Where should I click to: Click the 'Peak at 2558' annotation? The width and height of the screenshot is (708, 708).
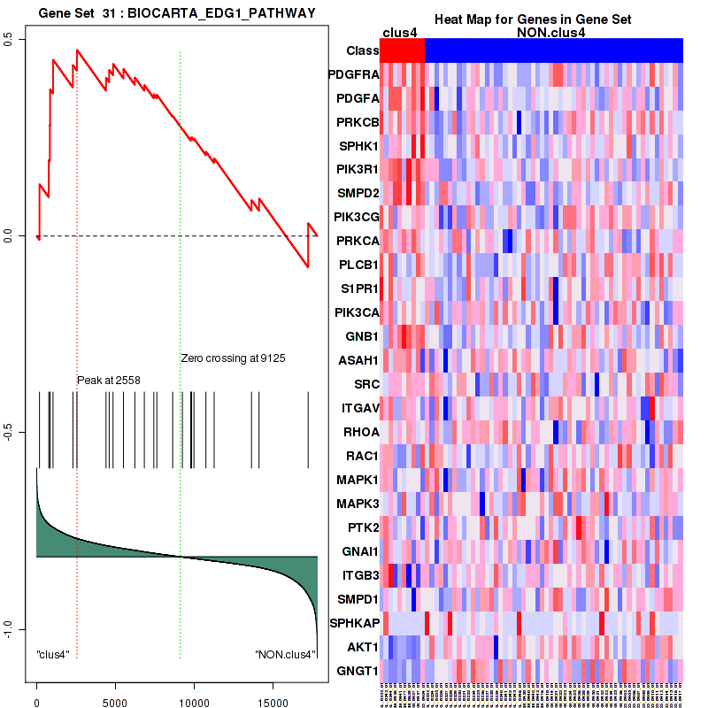point(109,380)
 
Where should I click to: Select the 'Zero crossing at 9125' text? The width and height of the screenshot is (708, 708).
point(233,358)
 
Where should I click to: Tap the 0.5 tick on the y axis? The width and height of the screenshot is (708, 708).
point(7,40)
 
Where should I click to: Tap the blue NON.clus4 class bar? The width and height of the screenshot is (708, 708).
point(553,50)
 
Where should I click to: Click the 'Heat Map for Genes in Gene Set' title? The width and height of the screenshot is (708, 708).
point(532,19)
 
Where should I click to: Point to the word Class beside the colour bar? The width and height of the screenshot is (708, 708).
point(363,50)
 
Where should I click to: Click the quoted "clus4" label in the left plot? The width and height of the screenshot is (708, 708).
point(53,655)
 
